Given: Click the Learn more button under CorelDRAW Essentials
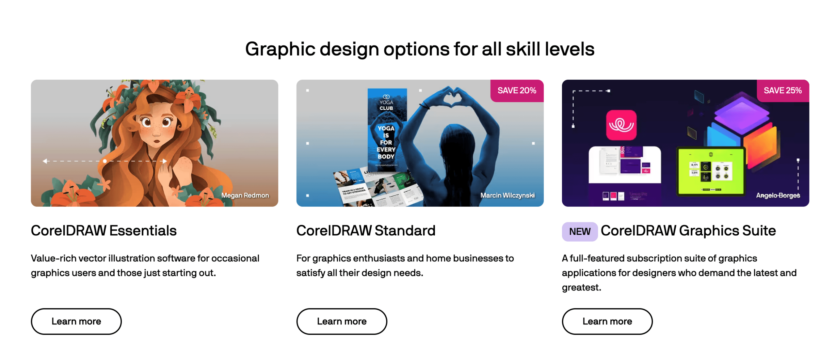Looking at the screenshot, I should pyautogui.click(x=76, y=321).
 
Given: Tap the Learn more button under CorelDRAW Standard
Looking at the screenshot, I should pyautogui.click(x=342, y=321).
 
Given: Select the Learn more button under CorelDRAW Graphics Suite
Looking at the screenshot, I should pyautogui.click(x=607, y=321).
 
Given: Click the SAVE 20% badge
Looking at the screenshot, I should pyautogui.click(x=517, y=90).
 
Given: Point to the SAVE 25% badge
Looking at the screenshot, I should pyautogui.click(x=782, y=90).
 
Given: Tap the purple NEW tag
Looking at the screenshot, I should pyautogui.click(x=580, y=231).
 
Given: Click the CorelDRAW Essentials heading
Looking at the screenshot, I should pyautogui.click(x=104, y=230).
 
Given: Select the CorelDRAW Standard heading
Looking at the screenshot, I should pyautogui.click(x=366, y=230).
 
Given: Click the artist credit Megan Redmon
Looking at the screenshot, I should pyautogui.click(x=245, y=195).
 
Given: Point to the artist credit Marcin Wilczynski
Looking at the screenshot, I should pyautogui.click(x=507, y=195).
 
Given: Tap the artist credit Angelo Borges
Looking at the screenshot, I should pyautogui.click(x=778, y=195).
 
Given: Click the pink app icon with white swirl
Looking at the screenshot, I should pyautogui.click(x=621, y=125).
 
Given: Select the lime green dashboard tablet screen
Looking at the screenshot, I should pyautogui.click(x=711, y=171).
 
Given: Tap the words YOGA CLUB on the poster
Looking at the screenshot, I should pyautogui.click(x=386, y=105).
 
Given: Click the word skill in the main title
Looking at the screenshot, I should pyautogui.click(x=523, y=49).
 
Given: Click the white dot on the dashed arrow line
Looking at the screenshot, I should pyautogui.click(x=105, y=161).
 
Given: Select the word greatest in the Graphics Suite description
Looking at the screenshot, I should pyautogui.click(x=581, y=288).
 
